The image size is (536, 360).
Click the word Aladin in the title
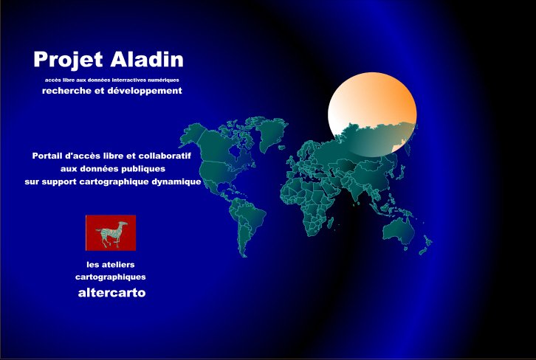point(147,59)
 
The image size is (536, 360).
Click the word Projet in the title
point(68,60)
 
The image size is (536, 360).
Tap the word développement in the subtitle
point(145,91)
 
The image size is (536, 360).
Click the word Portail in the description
point(47,156)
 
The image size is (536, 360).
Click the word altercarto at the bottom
point(111,293)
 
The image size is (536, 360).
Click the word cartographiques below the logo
point(111,277)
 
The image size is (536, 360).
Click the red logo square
point(111,232)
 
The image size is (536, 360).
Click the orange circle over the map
point(372,114)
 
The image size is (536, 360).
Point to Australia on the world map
point(399,231)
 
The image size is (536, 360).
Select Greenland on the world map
point(272,134)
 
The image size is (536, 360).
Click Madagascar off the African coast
point(330,223)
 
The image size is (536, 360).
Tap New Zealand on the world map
point(426,245)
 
